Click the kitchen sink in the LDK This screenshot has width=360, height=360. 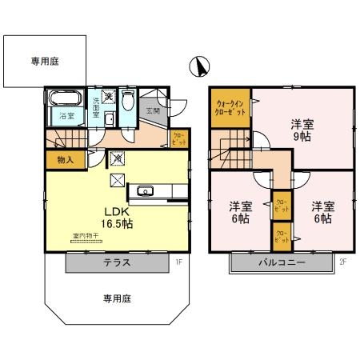tap(146, 190)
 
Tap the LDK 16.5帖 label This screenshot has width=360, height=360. tap(117, 218)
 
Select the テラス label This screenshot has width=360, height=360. tap(118, 262)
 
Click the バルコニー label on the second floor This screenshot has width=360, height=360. tap(281, 262)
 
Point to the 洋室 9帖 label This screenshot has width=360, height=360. tap(302, 129)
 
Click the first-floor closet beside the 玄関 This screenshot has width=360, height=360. tap(179, 139)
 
